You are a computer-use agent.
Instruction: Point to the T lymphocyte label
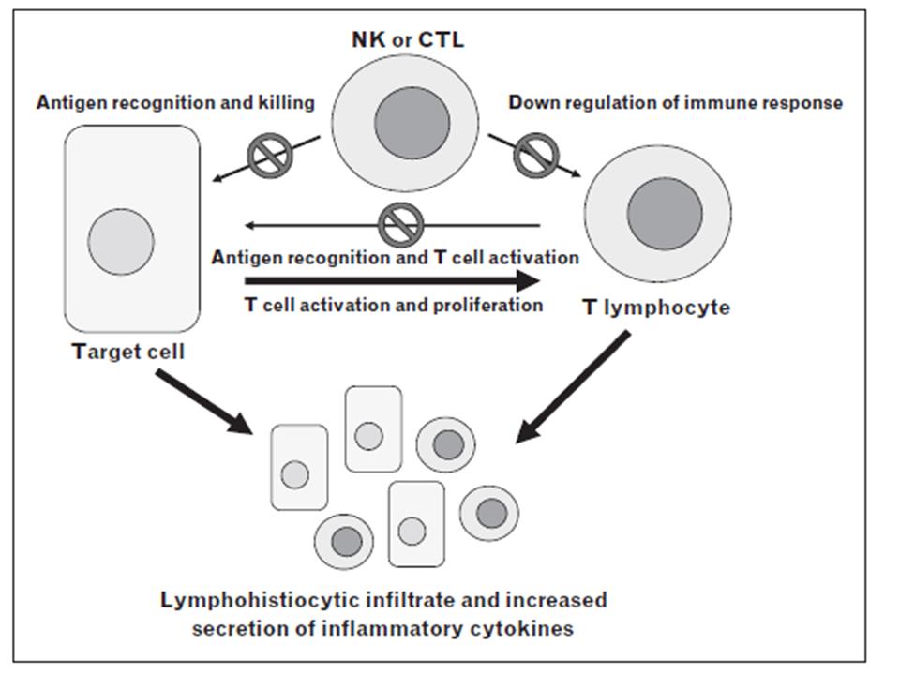point(656,307)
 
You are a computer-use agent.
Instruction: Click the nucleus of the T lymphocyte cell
point(665,213)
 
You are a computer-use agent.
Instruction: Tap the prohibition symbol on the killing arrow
point(270,155)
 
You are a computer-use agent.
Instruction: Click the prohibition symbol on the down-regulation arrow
point(534,155)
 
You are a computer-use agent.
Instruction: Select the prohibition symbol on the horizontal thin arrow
point(400,225)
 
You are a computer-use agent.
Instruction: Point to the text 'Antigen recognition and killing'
point(175,102)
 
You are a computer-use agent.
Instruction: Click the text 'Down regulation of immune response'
point(675,102)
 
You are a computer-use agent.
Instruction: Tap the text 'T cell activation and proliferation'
point(394,305)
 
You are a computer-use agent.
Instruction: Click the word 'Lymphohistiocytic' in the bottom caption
point(272,600)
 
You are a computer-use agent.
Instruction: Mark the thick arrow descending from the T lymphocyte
point(574,386)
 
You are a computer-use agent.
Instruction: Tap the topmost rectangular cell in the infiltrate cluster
point(373,428)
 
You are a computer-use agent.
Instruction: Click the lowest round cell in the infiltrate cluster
point(344,541)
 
